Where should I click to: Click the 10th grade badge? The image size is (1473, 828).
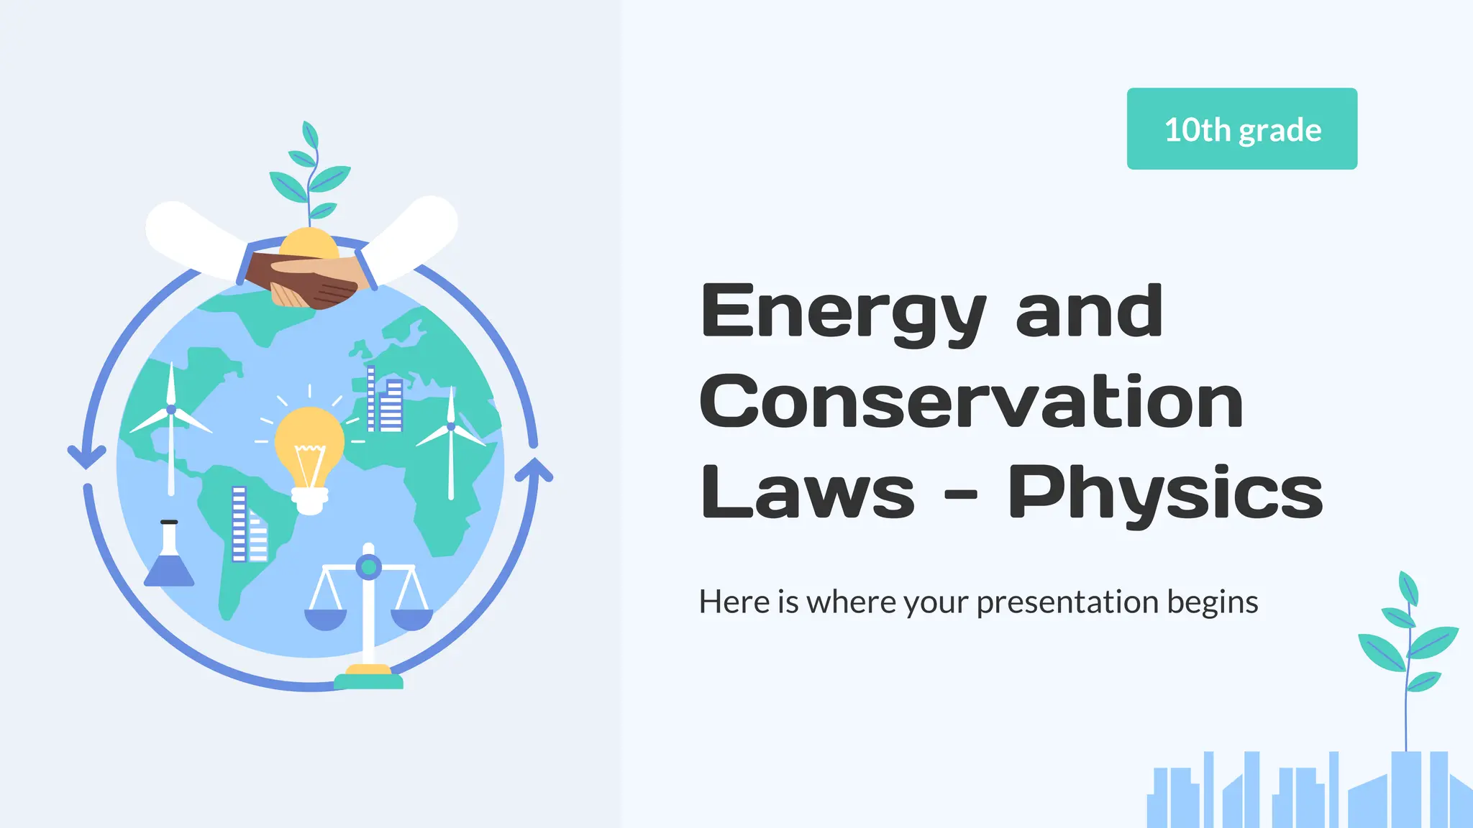click(1241, 129)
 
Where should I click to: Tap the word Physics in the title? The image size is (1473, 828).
click(1165, 494)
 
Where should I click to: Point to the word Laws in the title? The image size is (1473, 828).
click(807, 492)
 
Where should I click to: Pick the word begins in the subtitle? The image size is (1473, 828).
click(1213, 602)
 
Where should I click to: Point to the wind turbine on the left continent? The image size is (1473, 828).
click(171, 424)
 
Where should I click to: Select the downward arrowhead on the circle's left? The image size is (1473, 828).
click(86, 456)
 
